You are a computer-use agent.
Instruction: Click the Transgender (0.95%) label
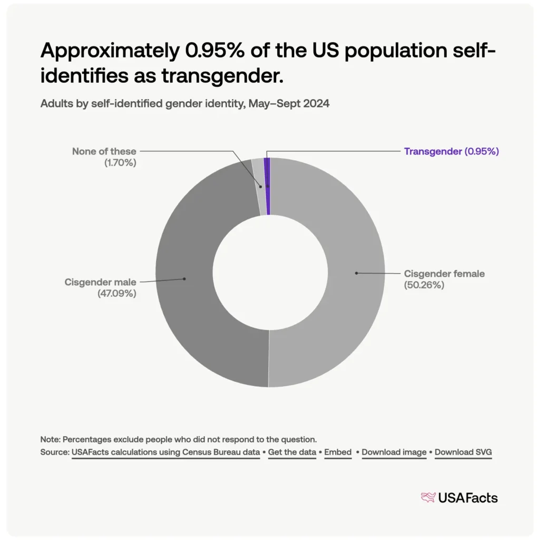point(451,151)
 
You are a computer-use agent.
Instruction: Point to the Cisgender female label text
point(444,274)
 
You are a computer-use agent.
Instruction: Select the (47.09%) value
point(116,294)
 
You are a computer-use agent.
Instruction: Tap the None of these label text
point(104,151)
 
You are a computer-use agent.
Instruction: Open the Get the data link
point(292,452)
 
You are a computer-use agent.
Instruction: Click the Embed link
point(338,452)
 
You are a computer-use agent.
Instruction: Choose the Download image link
point(394,452)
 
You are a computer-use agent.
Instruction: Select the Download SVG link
point(463,452)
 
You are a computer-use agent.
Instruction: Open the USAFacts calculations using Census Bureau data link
point(165,452)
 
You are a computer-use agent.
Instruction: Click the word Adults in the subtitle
point(54,104)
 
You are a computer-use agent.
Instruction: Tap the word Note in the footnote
point(50,439)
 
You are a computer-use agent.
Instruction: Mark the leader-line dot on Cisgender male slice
point(184,278)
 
